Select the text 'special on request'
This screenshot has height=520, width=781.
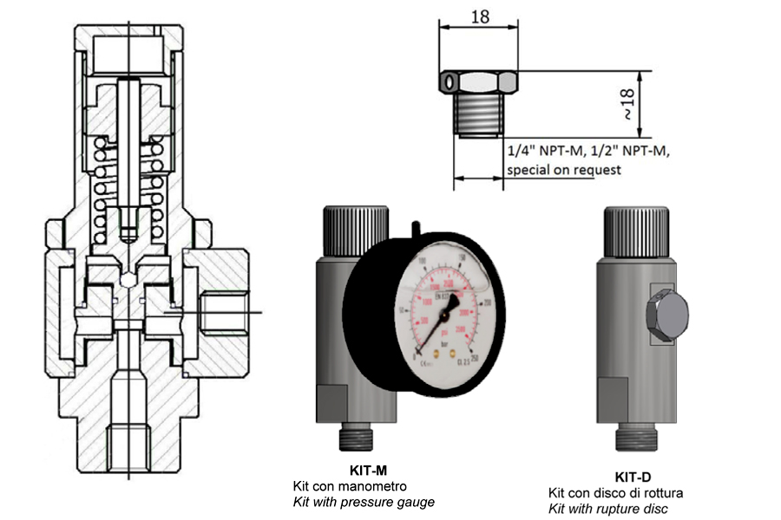(x=564, y=170)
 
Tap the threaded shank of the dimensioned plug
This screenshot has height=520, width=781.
(x=476, y=114)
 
